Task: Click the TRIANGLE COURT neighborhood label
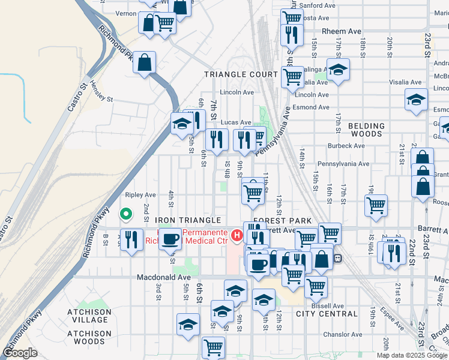click(x=240, y=74)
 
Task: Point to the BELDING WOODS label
click(x=366, y=131)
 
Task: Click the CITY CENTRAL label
click(x=327, y=314)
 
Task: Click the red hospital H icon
click(x=237, y=236)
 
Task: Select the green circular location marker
click(x=125, y=213)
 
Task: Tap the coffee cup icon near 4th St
click(x=170, y=239)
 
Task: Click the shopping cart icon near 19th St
click(x=376, y=205)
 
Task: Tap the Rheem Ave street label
click(x=342, y=31)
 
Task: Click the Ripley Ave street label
click(x=140, y=195)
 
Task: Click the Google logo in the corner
click(x=20, y=353)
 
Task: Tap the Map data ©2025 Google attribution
click(x=412, y=355)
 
